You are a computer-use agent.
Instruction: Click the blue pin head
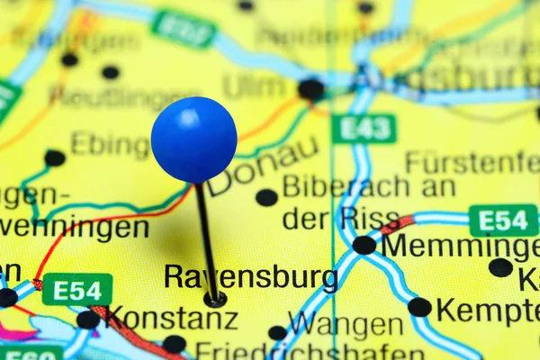click(193, 139)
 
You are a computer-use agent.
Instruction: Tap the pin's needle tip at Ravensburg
click(214, 299)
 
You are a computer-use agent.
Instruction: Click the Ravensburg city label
click(250, 276)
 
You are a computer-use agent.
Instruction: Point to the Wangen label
click(346, 324)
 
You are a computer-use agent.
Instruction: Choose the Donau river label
click(263, 165)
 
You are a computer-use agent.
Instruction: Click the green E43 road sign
click(364, 129)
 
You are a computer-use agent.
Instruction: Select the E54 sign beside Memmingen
click(503, 220)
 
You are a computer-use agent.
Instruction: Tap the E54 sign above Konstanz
click(77, 290)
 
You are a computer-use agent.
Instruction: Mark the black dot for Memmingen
click(364, 245)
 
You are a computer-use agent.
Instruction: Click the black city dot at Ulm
click(310, 89)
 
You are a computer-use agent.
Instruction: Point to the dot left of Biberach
click(266, 197)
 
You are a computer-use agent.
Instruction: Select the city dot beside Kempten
click(419, 307)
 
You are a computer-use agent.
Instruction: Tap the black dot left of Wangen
click(277, 333)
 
